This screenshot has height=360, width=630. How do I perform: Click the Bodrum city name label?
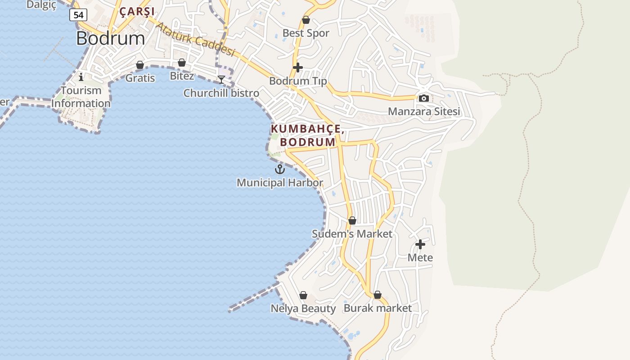pos(110,38)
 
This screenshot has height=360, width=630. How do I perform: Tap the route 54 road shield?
pos(78,15)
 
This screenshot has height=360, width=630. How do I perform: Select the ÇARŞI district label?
pos(137,11)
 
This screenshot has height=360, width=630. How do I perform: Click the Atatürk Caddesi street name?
pos(195,39)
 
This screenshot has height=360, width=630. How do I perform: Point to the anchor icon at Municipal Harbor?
pos(280,170)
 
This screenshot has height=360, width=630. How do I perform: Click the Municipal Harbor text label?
pos(279,183)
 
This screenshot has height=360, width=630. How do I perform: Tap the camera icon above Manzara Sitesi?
pos(423,98)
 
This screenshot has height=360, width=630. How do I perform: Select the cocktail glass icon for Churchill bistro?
pos(221,80)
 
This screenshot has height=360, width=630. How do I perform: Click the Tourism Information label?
pos(81,97)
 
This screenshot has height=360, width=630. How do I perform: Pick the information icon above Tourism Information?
pos(81,76)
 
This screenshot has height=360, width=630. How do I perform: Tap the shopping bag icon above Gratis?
pos(140,65)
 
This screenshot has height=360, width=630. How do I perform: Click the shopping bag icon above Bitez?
pos(182,63)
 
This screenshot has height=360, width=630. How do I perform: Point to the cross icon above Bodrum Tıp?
pos(297,68)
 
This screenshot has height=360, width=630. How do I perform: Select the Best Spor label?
pos(306,33)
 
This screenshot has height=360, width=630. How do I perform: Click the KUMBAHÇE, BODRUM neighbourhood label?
pos(307,135)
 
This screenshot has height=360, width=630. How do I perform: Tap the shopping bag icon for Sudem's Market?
pos(352,220)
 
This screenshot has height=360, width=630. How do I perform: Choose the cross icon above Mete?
pos(420,244)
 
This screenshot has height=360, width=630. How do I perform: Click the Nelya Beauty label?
pos(303,308)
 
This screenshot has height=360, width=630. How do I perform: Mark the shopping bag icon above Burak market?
pos(378,295)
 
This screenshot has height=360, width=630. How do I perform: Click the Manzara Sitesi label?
pos(424,111)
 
